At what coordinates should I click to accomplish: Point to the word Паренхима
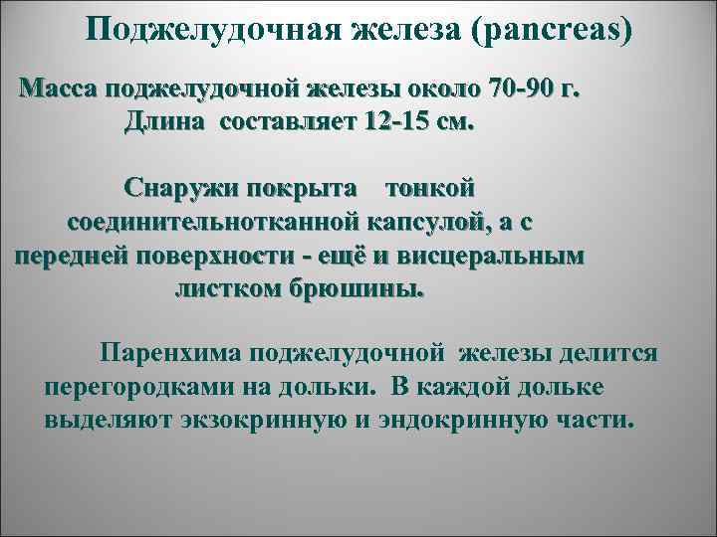[169, 353]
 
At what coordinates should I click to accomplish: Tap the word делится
[607, 353]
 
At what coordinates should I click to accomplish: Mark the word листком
[219, 289]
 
